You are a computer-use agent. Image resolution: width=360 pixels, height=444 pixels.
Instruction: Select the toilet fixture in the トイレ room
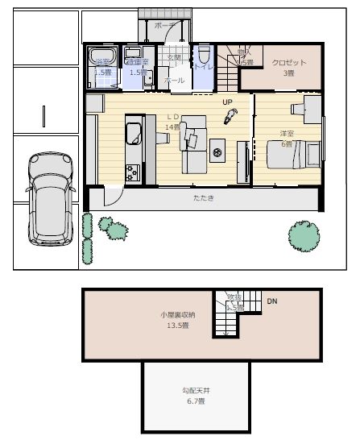(204, 57)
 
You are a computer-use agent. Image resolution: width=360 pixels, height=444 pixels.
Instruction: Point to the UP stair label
(228, 102)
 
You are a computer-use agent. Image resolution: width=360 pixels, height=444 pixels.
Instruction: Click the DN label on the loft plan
(271, 301)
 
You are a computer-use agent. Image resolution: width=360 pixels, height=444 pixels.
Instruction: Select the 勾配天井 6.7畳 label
(192, 395)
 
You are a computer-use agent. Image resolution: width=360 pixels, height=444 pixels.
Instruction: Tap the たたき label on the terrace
(203, 197)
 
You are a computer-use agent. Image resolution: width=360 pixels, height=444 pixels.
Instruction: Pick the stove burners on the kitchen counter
(132, 172)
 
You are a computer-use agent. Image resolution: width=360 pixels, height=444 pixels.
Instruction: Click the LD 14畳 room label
(172, 122)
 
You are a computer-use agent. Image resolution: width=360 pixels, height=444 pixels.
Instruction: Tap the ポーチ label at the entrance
(164, 26)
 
